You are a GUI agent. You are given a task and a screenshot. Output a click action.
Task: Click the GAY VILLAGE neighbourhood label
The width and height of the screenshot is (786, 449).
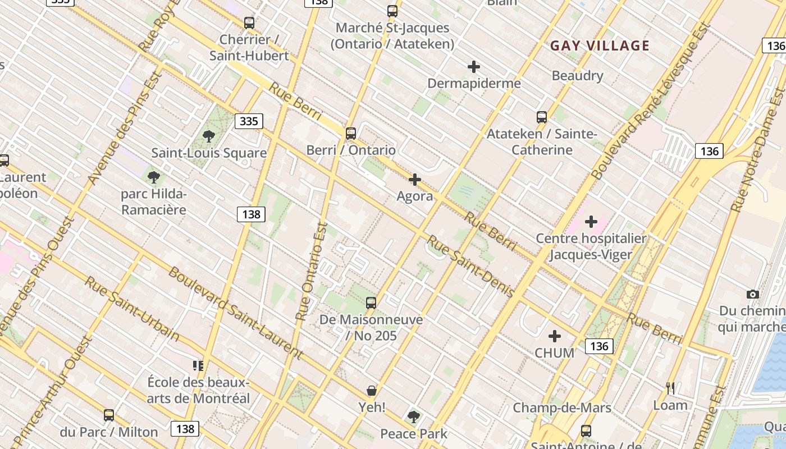tap(600, 46)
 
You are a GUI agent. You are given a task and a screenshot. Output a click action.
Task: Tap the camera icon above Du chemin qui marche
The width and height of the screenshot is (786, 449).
tap(753, 294)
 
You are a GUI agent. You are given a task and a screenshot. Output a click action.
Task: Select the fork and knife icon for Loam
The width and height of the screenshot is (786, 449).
tap(670, 388)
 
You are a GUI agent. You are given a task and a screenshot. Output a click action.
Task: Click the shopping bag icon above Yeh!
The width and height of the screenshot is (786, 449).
tap(371, 390)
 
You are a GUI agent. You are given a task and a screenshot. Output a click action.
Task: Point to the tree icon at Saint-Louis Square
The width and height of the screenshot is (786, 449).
tap(209, 136)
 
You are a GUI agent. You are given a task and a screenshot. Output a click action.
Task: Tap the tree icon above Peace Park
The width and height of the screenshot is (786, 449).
tap(414, 416)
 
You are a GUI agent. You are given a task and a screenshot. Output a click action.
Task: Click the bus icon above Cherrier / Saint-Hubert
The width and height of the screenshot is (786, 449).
tap(249, 23)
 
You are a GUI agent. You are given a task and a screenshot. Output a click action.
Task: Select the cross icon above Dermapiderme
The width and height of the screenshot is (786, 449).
tap(474, 67)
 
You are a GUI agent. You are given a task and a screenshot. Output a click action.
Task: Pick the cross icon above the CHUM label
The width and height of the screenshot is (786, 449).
tap(555, 336)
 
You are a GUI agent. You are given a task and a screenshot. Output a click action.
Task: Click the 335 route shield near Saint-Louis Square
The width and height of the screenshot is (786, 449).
tap(249, 121)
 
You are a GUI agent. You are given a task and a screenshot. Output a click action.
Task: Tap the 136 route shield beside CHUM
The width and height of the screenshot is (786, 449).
tap(599, 346)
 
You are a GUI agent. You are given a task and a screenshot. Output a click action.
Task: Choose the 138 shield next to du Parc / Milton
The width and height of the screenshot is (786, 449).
tap(185, 429)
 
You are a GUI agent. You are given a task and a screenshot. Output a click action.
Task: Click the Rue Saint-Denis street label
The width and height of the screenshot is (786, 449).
tap(470, 266)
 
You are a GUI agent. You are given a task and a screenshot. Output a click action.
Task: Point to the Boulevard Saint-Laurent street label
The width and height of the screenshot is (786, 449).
tap(236, 313)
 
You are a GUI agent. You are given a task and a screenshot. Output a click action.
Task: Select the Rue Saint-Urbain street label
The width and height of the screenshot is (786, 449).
tap(132, 308)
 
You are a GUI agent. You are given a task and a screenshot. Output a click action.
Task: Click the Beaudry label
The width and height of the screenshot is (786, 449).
tap(577, 76)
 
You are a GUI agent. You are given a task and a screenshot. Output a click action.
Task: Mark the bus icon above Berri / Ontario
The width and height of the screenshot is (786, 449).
tap(351, 134)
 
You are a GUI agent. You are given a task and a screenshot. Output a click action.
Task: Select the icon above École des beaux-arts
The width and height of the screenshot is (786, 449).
tap(198, 366)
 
